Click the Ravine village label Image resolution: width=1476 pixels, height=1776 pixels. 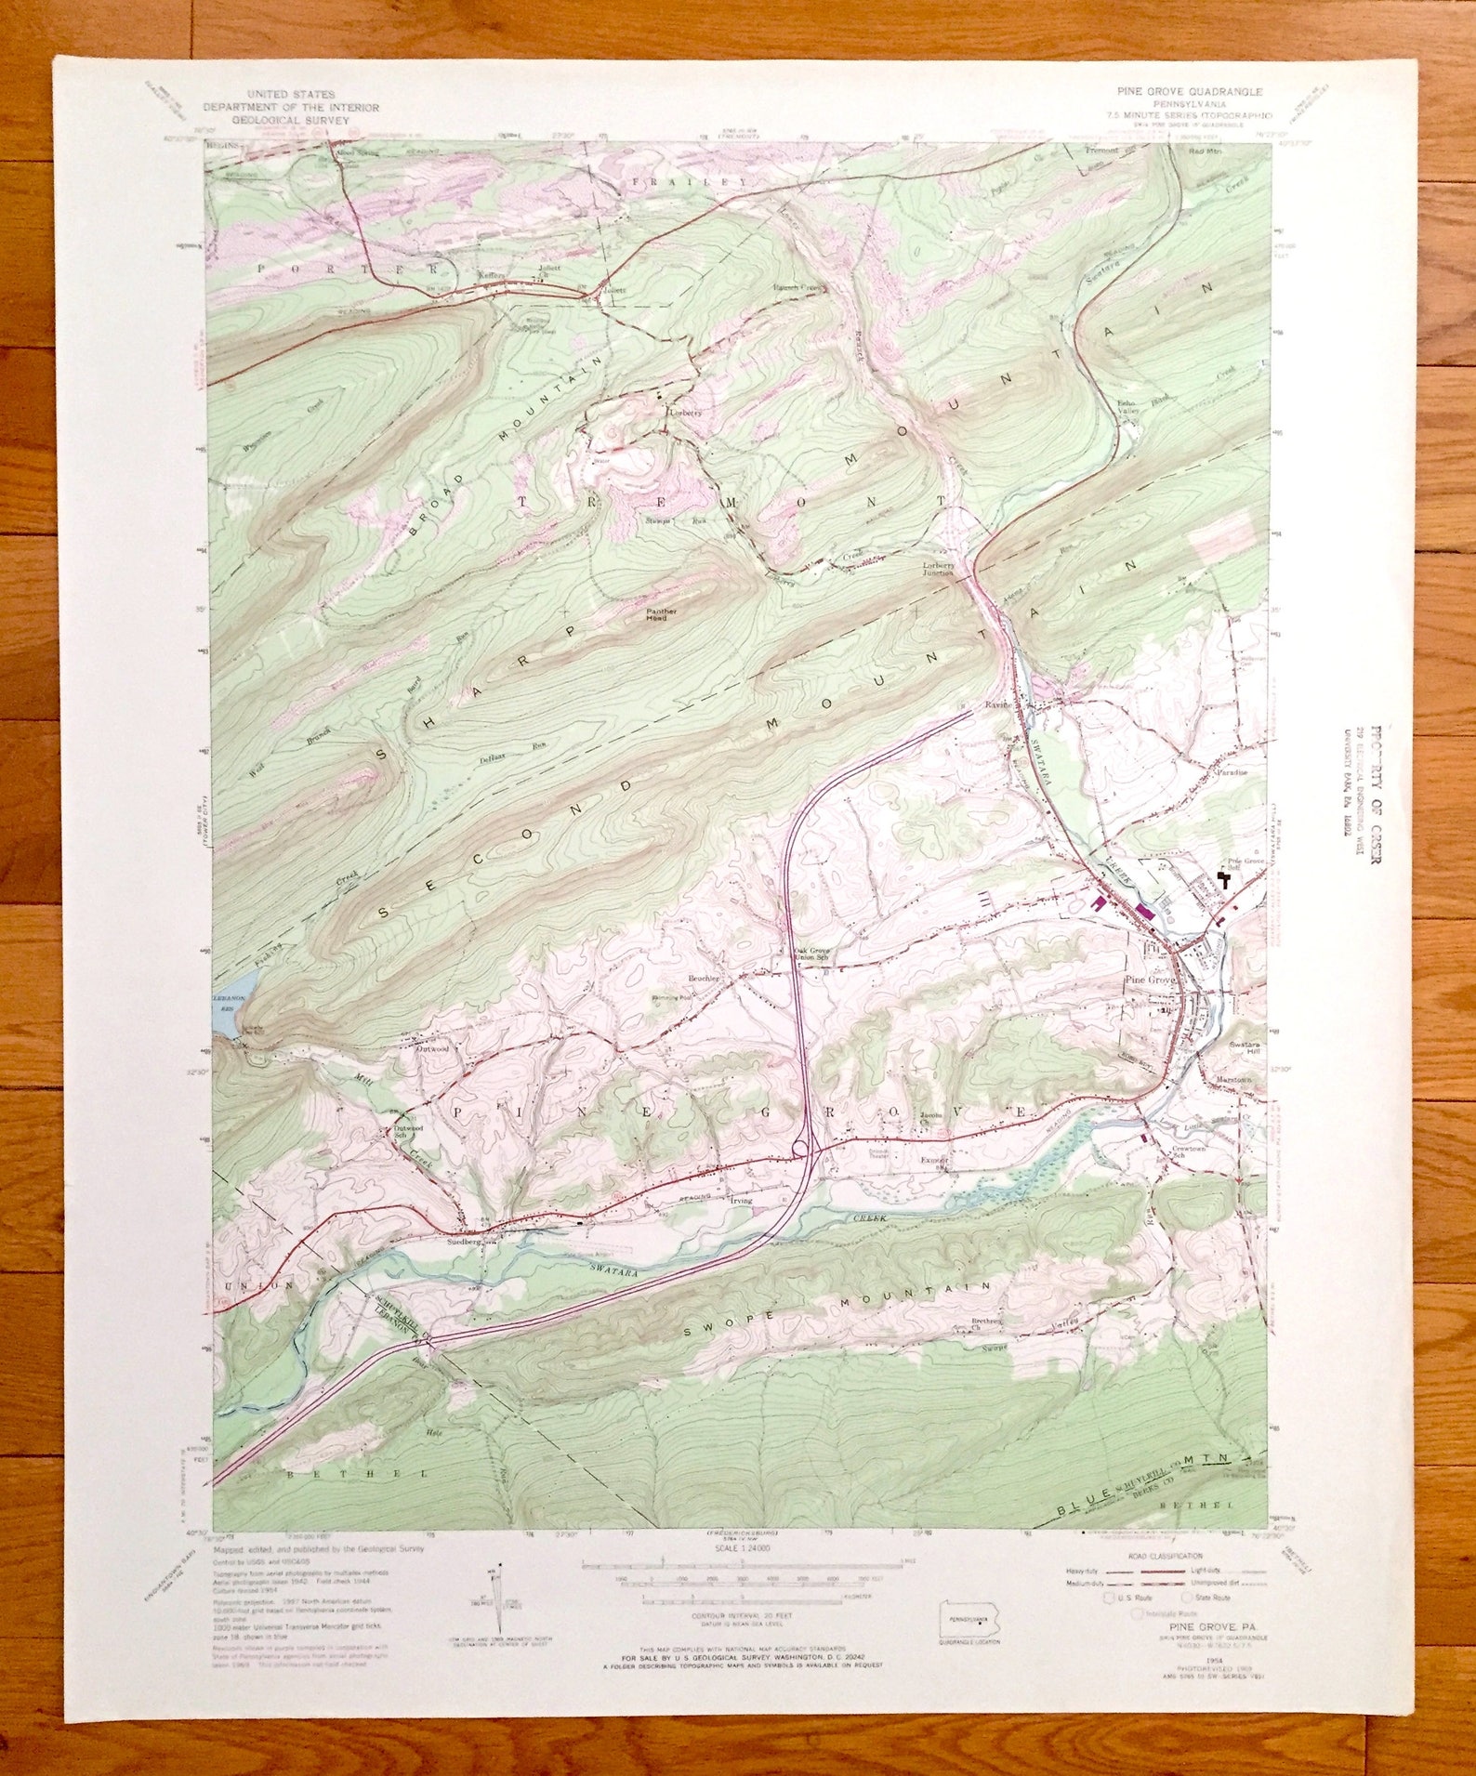tap(997, 704)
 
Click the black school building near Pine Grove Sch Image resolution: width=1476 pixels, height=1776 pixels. tap(1225, 878)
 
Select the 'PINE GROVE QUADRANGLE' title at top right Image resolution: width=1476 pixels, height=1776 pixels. tap(1189, 91)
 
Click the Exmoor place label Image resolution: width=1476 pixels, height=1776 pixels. tap(934, 1160)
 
